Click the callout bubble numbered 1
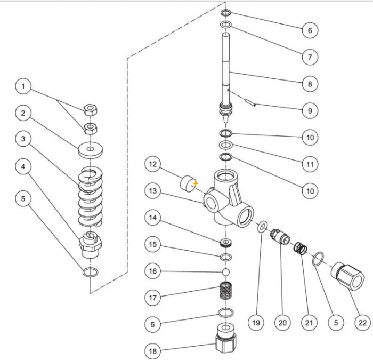[23, 86]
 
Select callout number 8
[310, 84]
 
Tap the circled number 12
[153, 164]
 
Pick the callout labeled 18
[153, 350]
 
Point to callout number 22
[363, 322]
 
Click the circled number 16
[153, 271]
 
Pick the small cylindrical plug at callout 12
[188, 183]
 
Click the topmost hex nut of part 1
[90, 110]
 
